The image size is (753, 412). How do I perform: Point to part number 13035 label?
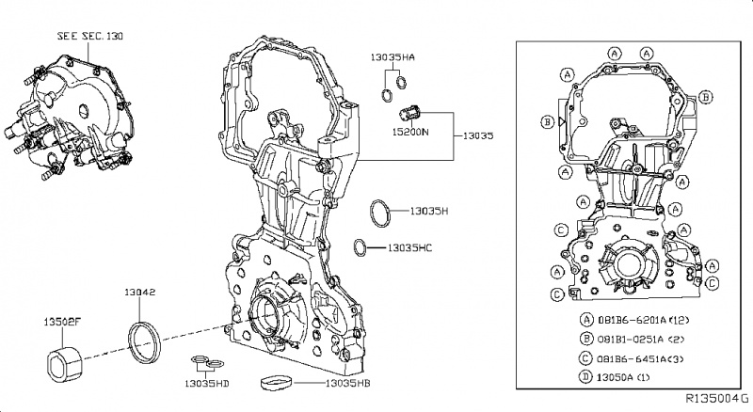pos(478,135)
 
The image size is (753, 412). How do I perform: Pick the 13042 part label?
pos(140,293)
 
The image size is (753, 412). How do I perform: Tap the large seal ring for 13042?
pos(143,340)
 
